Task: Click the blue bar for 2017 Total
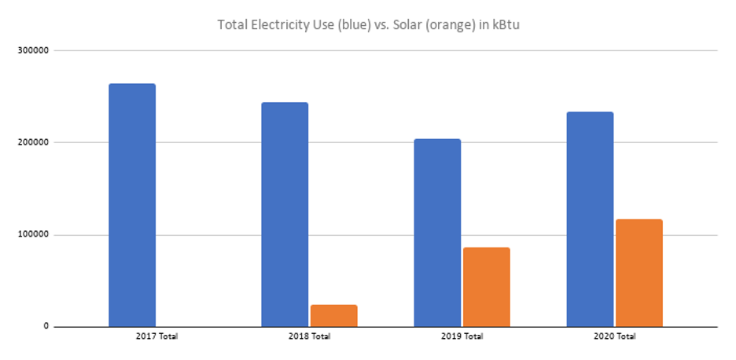(132, 204)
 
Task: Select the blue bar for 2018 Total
(285, 214)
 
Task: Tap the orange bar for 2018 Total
(333, 315)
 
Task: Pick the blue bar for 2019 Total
(437, 232)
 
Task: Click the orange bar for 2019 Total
(486, 287)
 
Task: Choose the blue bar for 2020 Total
(590, 219)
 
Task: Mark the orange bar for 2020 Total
(638, 273)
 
